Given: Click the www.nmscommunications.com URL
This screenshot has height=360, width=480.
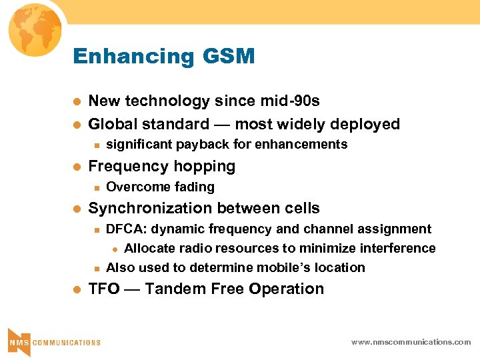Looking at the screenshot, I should click(411, 342).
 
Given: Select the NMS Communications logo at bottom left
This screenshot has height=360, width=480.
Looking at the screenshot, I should click(53, 341).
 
